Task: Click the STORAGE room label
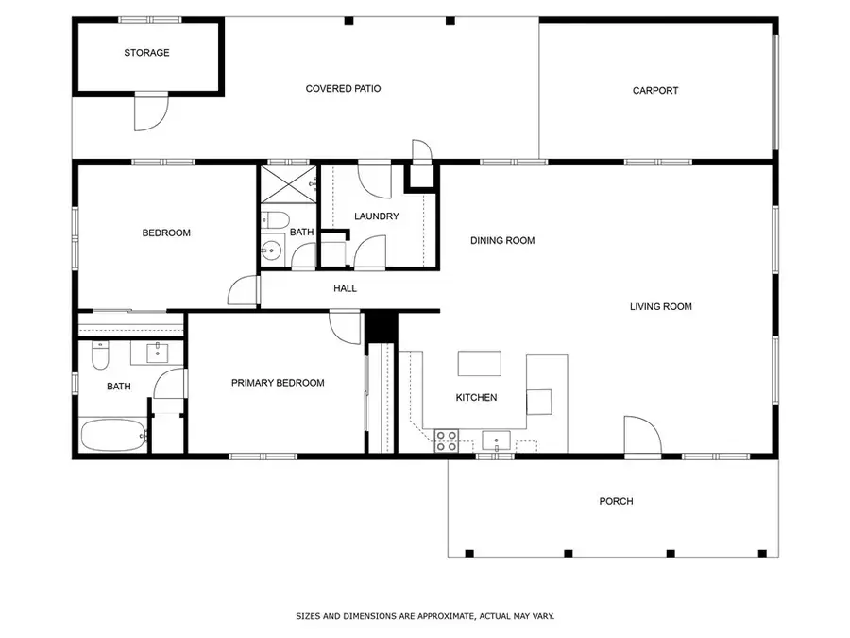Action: [146, 53]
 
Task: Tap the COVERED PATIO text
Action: [343, 89]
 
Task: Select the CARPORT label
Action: [655, 91]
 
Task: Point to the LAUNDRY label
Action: [376, 216]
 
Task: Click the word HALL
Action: [345, 288]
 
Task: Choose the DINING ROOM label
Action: [502, 241]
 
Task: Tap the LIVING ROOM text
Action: [661, 306]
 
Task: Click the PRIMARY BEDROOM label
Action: [278, 383]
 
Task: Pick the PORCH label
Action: [616, 501]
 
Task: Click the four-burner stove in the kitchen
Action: [447, 440]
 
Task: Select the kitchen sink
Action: [496, 440]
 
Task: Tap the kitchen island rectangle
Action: [479, 364]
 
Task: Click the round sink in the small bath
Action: [272, 251]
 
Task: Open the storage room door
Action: [149, 112]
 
